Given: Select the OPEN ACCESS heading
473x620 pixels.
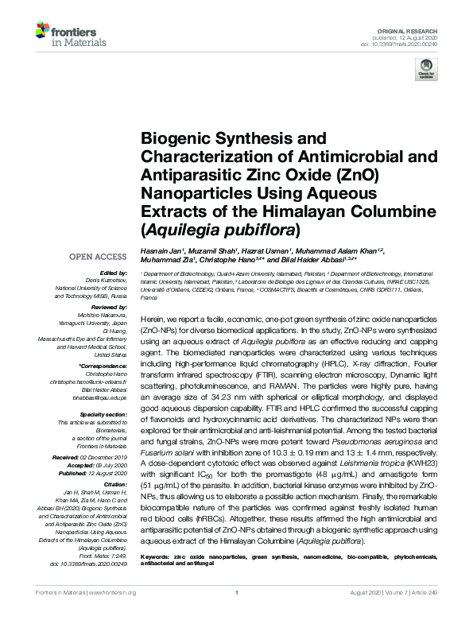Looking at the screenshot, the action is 98,257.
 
